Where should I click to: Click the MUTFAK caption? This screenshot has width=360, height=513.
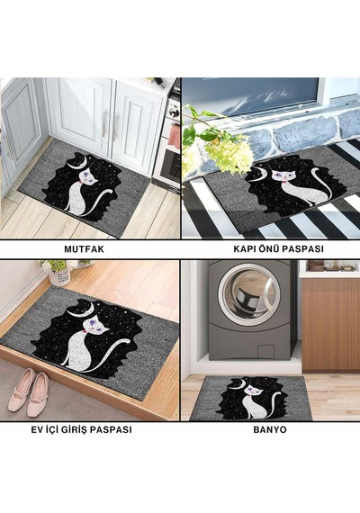(x=84, y=249)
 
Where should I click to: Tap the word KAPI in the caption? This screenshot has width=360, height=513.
(x=244, y=249)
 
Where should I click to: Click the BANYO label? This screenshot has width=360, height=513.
(x=270, y=429)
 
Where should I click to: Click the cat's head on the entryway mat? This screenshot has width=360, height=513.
(x=95, y=325)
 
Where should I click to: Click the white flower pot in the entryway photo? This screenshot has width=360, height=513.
(x=59, y=276)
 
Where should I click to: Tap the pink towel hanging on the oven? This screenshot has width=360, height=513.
(x=174, y=135)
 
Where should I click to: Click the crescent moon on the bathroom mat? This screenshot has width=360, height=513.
(x=238, y=385)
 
